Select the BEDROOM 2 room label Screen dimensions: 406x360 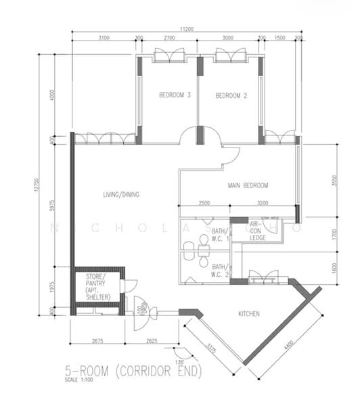coord(231,96)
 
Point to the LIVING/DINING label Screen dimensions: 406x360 coord(121,195)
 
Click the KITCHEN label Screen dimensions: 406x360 coord(250,313)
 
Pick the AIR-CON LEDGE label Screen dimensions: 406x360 coord(258,231)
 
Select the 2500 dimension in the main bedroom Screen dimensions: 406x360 coord(204,203)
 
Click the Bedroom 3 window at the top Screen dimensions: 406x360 coord(167,55)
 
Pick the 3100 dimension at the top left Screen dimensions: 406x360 coord(104,38)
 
